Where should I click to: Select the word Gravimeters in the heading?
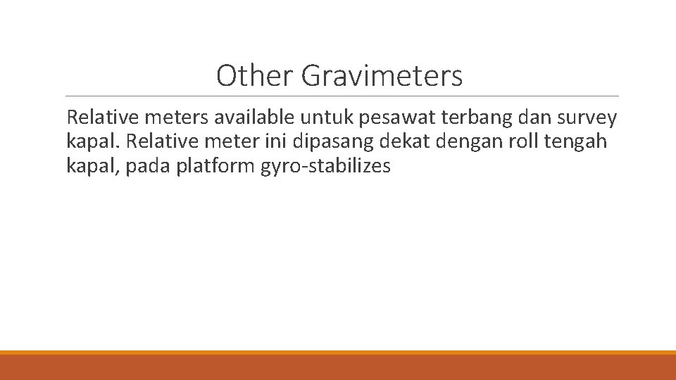(x=382, y=76)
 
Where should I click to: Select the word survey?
(x=585, y=119)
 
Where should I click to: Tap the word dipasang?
(x=337, y=143)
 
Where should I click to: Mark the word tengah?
(x=577, y=143)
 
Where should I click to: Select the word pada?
(x=146, y=167)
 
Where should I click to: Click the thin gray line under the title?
(x=342, y=96)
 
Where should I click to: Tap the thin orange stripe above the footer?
(x=338, y=352)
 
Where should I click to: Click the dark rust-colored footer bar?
(x=338, y=367)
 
